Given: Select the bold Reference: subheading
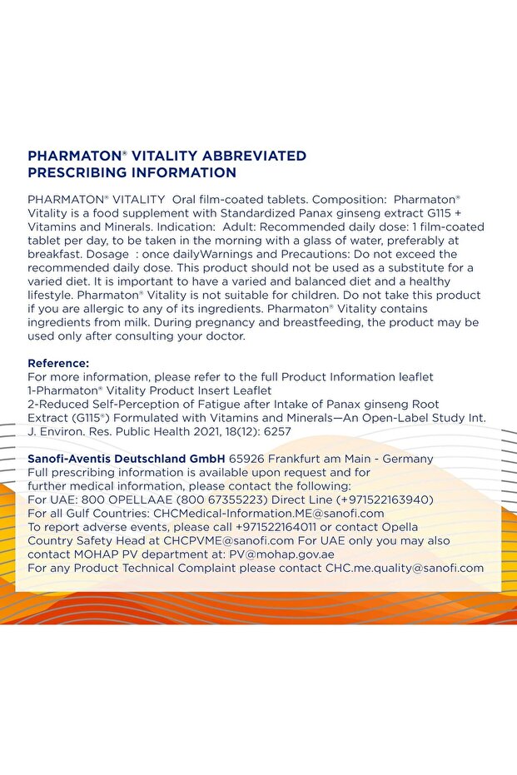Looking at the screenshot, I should tap(58, 363).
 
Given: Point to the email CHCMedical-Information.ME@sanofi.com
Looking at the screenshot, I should tap(269, 513).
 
